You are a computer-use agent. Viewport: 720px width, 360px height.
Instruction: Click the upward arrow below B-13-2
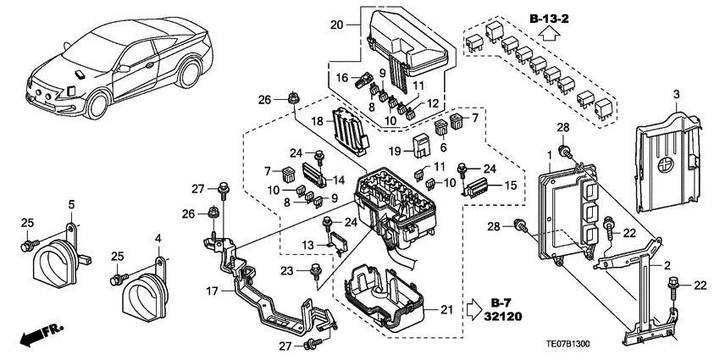point(549,36)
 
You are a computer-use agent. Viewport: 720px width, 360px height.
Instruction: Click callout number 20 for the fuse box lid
point(335,26)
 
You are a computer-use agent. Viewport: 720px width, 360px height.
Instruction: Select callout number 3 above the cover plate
point(676,92)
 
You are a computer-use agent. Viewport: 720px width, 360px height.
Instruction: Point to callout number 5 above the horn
point(71,204)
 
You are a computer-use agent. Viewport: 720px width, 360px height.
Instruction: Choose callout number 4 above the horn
point(157,239)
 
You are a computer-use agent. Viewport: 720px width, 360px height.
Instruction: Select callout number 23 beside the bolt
point(311,270)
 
